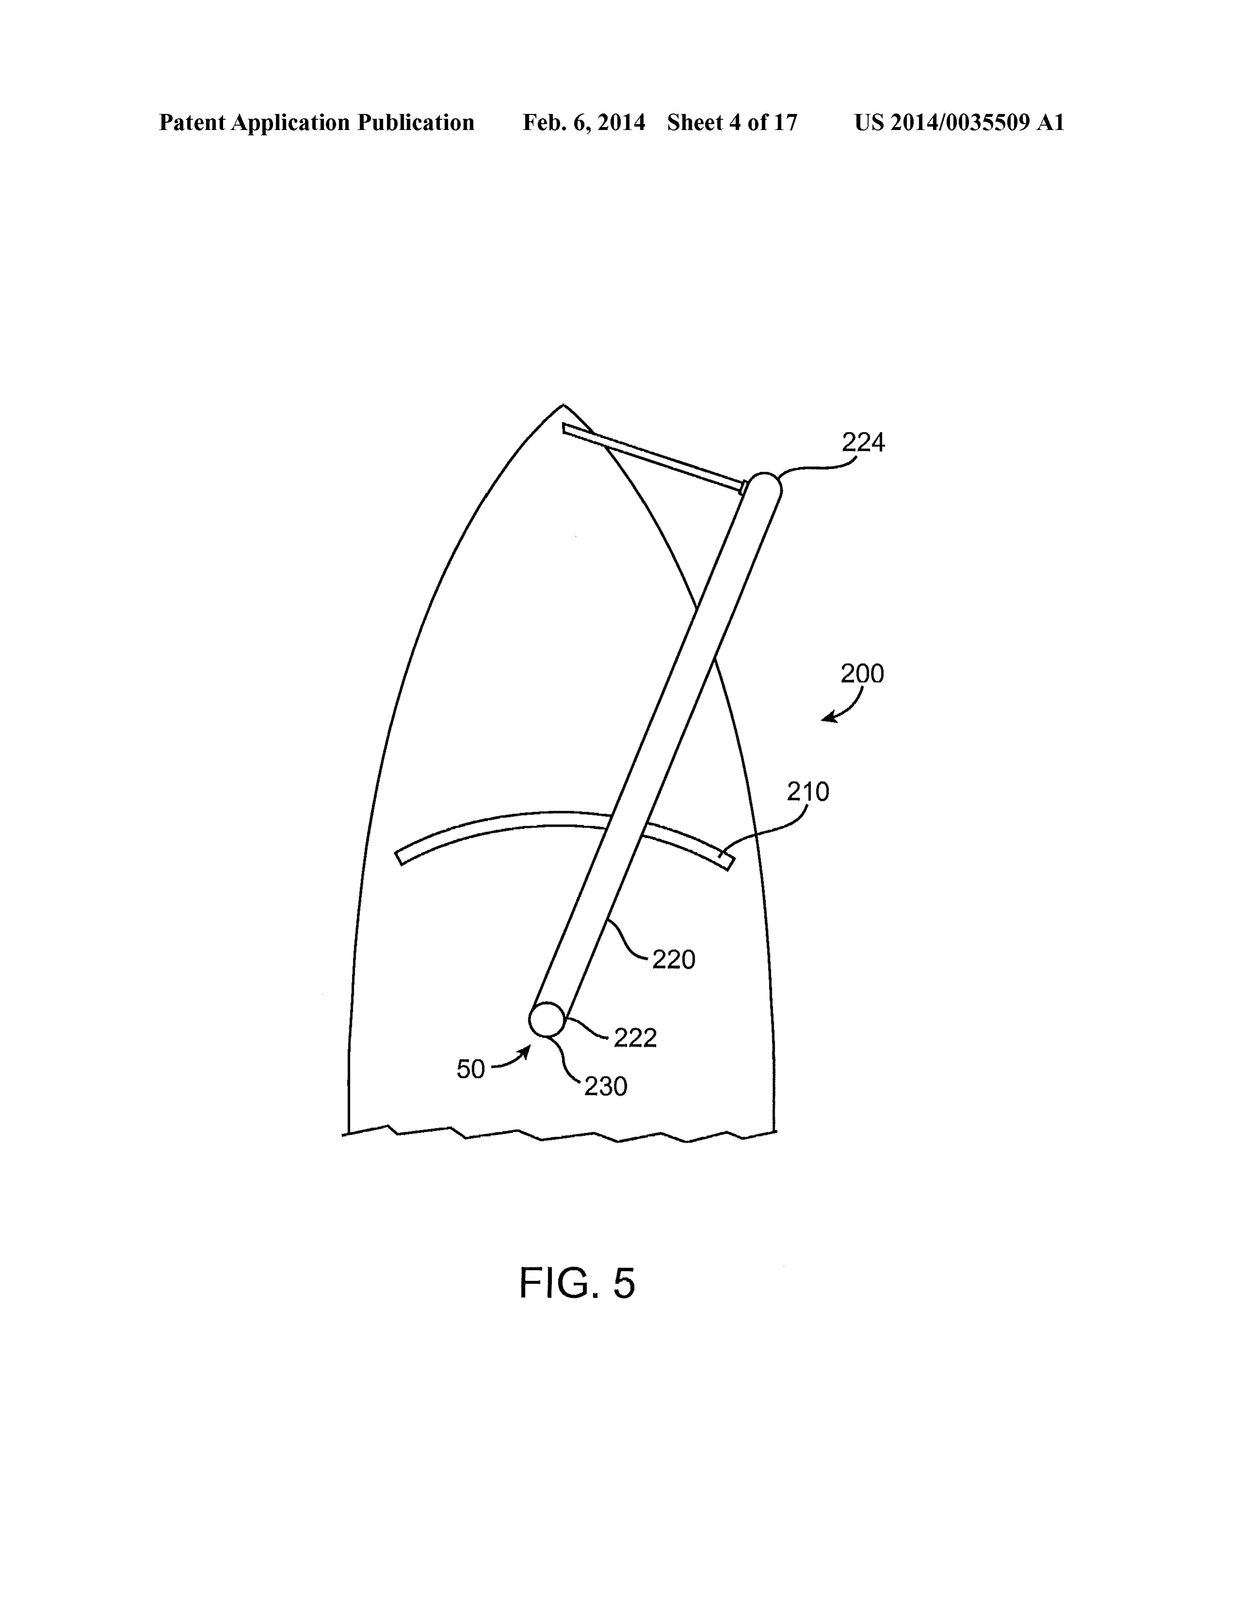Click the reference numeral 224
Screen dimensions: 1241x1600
(x=863, y=443)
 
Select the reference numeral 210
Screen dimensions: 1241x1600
(x=808, y=792)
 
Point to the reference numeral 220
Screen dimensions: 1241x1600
(x=673, y=959)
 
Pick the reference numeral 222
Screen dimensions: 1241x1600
(x=635, y=1038)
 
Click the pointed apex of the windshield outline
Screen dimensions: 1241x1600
(x=563, y=404)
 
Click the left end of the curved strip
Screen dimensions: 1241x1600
(x=400, y=857)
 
